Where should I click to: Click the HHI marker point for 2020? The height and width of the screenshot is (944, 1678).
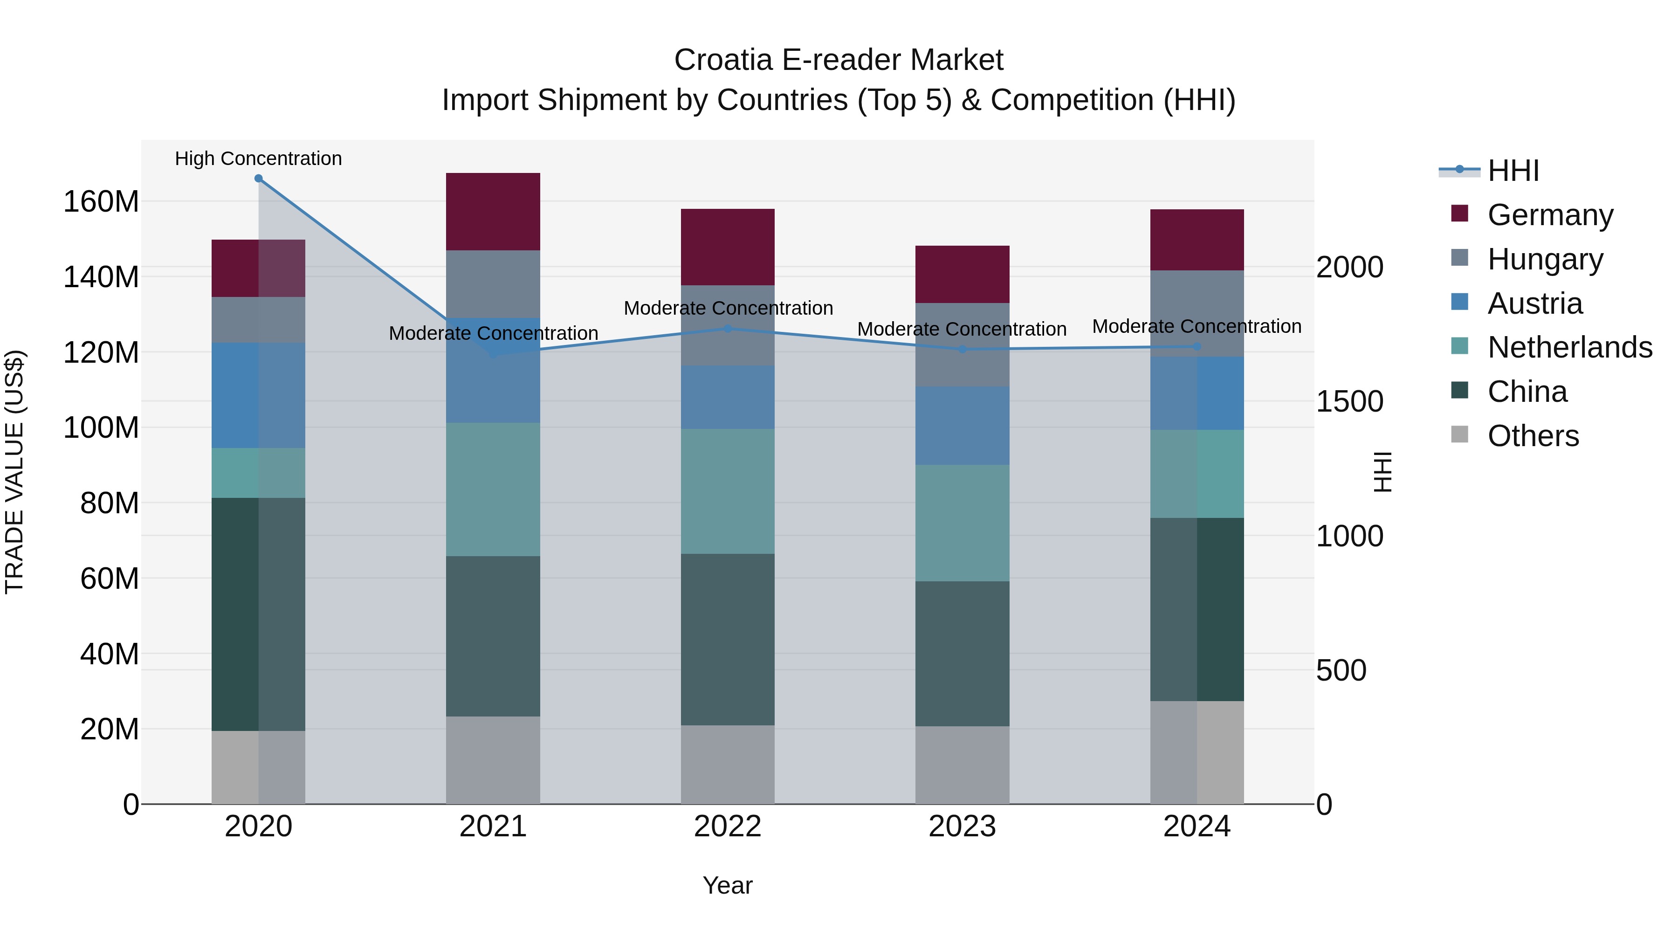259,179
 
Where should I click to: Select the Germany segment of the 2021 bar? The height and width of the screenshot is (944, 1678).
493,212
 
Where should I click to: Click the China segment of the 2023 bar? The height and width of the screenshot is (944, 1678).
962,654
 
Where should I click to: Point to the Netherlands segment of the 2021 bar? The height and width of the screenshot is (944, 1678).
493,489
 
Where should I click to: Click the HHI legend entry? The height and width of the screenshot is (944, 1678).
1513,171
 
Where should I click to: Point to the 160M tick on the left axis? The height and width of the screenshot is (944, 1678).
101,202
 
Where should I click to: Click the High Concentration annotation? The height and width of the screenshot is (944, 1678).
259,158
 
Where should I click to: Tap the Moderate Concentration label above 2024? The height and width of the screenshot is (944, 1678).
1197,326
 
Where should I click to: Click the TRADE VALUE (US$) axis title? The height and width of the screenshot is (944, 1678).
15,472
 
